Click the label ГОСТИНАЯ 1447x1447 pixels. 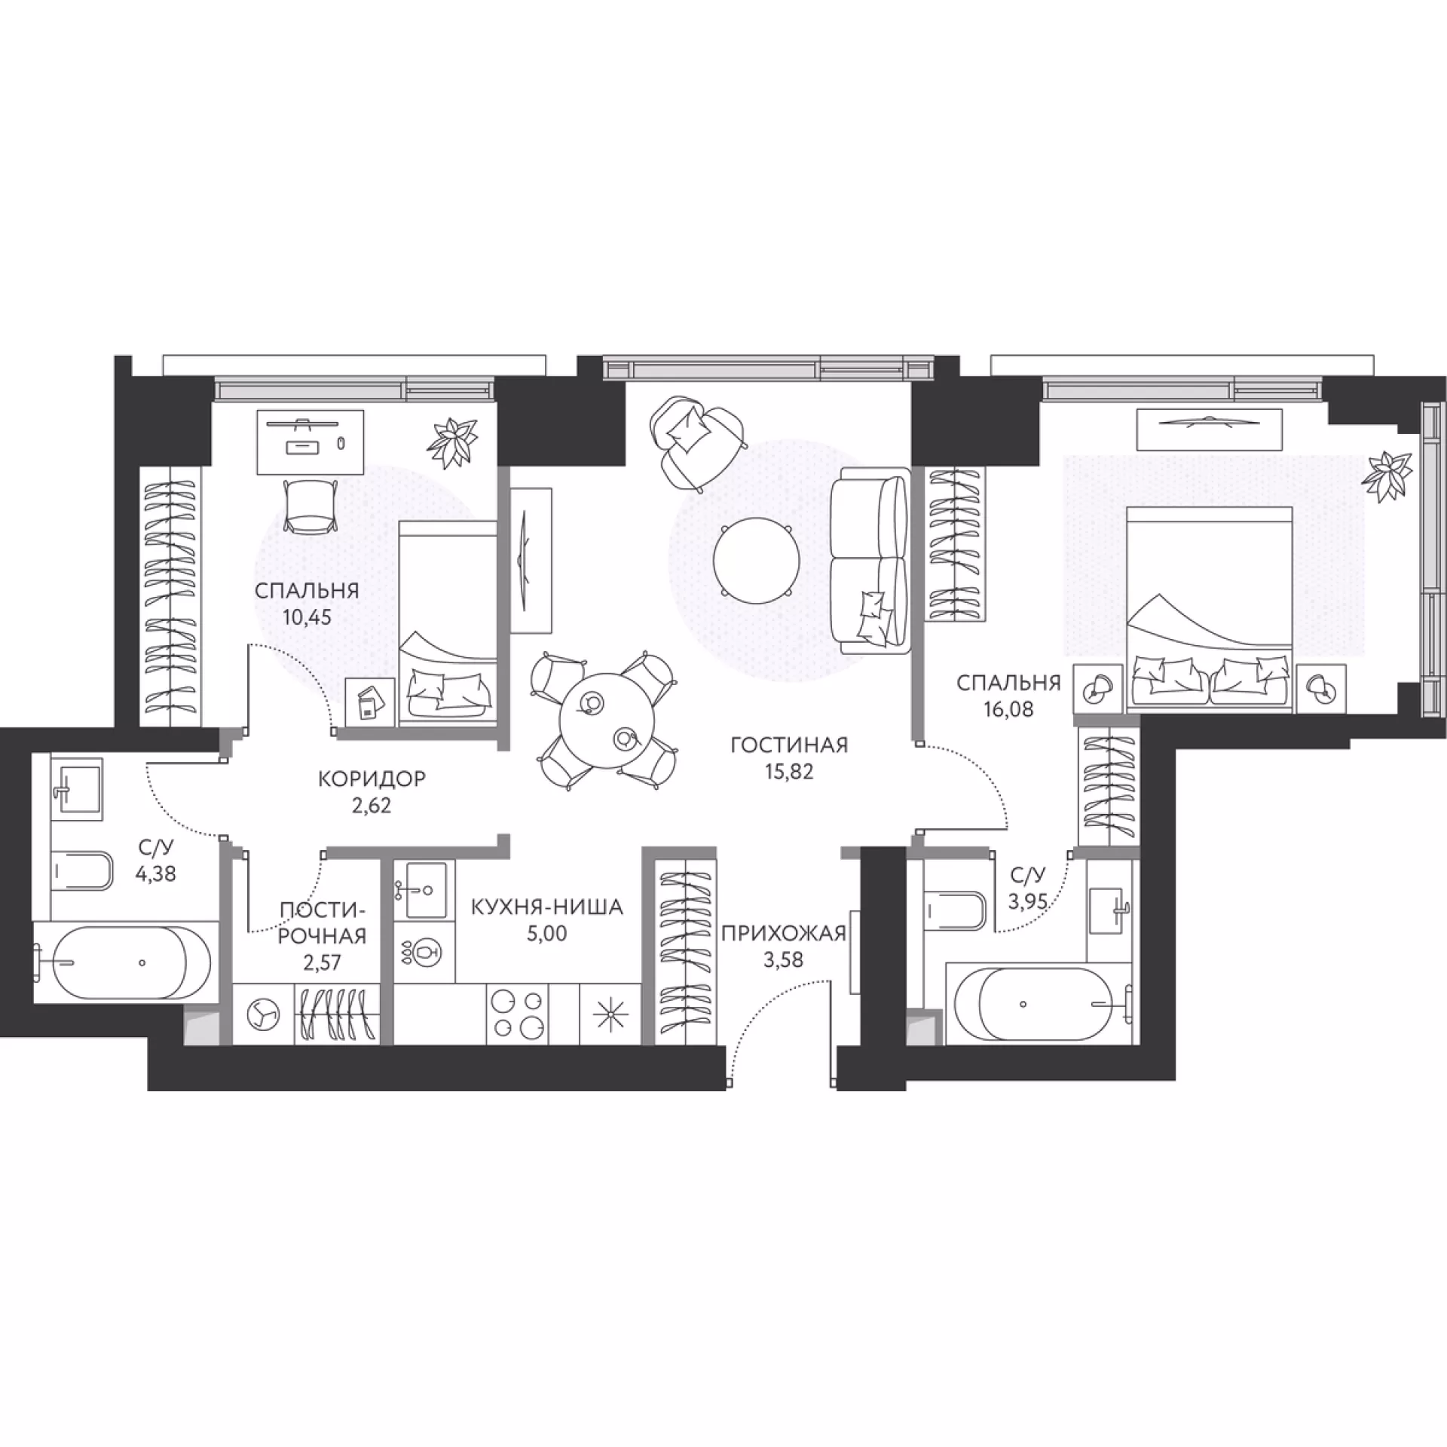click(x=789, y=745)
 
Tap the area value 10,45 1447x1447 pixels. click(x=307, y=617)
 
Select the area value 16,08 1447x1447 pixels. click(x=1008, y=709)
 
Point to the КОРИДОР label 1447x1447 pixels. click(x=372, y=779)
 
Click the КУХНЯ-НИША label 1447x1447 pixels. click(x=547, y=907)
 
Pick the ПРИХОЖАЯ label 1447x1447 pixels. click(x=784, y=934)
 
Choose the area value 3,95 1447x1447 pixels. click(x=1028, y=901)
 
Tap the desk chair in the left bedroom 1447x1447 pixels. click(x=309, y=506)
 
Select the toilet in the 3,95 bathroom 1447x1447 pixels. click(x=954, y=913)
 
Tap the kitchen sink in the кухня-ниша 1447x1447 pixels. click(x=425, y=890)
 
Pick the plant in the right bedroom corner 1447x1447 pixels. click(x=1388, y=474)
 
